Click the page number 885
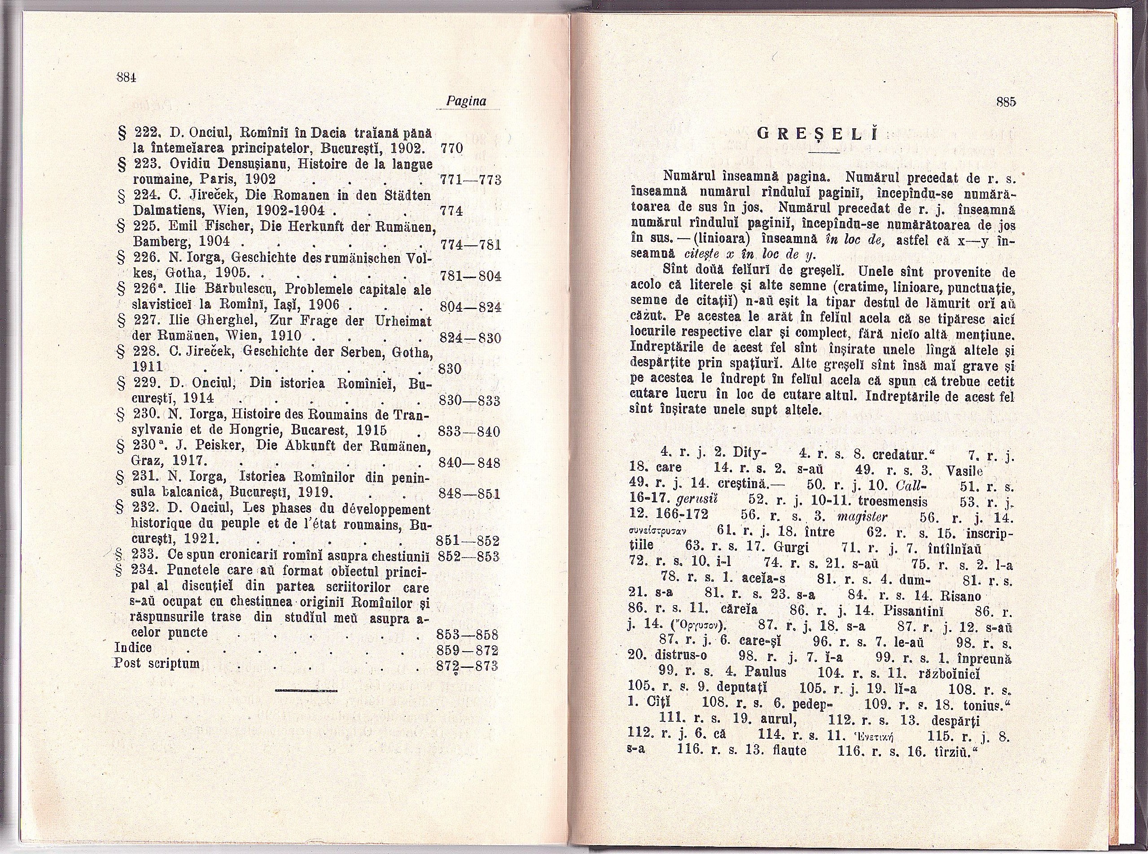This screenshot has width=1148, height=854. (x=1005, y=102)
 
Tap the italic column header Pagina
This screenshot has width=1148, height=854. (x=466, y=101)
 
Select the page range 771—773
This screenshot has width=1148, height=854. (x=469, y=180)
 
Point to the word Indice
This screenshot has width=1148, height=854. (x=133, y=648)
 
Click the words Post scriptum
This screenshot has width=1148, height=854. (x=157, y=663)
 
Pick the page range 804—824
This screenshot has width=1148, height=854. (x=469, y=307)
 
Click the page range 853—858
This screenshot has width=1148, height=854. (x=467, y=634)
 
